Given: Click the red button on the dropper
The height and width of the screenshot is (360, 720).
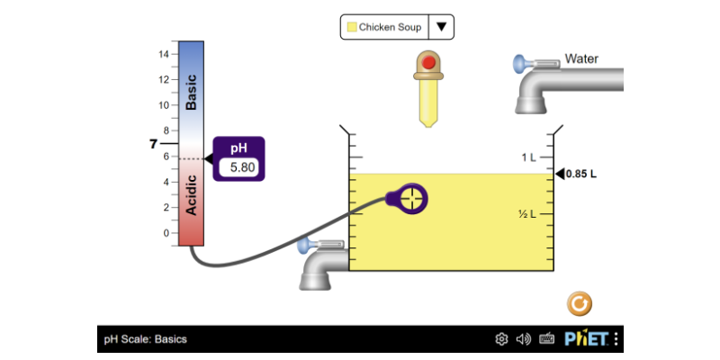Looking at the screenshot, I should [428, 63].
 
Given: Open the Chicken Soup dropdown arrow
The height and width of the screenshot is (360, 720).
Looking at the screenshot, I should [441, 27].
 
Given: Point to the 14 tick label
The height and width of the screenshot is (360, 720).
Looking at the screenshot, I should [164, 54].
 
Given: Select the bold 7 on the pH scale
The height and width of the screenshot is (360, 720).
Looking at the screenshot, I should [153, 144].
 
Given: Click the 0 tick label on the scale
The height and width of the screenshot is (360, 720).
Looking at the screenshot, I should [164, 233].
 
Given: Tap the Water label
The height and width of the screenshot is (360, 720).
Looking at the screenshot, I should [581, 59].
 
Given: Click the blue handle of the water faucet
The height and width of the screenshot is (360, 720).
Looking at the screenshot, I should [520, 64].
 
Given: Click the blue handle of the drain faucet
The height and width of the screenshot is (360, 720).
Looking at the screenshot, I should [305, 245].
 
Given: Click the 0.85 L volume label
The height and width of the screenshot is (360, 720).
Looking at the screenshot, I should [581, 174].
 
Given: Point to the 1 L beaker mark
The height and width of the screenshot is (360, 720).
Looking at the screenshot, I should [529, 157].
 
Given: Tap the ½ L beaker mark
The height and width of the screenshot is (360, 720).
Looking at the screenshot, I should [527, 214].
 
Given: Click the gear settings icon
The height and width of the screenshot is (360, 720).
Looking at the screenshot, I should [502, 339].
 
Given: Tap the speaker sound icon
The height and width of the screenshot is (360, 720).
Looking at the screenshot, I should [524, 339].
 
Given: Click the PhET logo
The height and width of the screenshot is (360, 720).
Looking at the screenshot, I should [587, 339].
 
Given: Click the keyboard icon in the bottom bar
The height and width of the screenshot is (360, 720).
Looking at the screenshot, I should [546, 339].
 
